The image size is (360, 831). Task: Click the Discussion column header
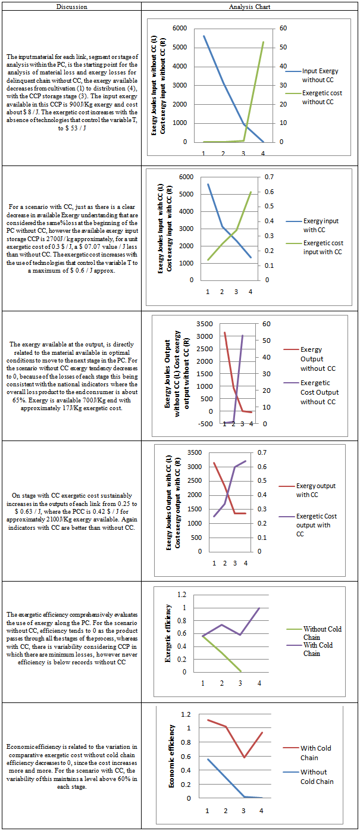coord(71,7)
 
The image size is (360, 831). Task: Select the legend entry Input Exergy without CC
coord(320,75)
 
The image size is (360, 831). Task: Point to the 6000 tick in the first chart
coord(179,29)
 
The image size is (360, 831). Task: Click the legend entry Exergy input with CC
coord(321,225)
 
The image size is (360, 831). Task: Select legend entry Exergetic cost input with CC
coord(323,247)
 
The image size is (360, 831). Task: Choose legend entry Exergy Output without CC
coord(318,359)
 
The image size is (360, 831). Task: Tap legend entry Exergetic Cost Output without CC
coord(320,392)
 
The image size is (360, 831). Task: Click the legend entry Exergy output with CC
coord(315,491)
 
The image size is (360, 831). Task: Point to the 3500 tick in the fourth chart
coord(195,453)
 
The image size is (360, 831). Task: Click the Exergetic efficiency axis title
coord(168,633)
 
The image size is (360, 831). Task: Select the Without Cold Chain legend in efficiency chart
coord(322,633)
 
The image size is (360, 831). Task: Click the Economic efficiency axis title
coord(173,756)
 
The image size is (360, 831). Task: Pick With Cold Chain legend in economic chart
coord(315,753)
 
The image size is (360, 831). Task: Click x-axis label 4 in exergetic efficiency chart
coord(259,683)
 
